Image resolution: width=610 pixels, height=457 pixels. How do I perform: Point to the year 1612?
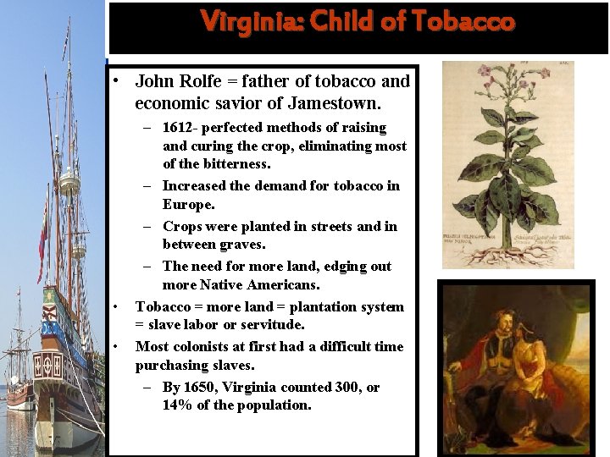(180, 128)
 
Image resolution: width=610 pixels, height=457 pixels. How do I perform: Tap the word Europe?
(187, 205)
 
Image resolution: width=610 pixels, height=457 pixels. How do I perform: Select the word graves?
(241, 245)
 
